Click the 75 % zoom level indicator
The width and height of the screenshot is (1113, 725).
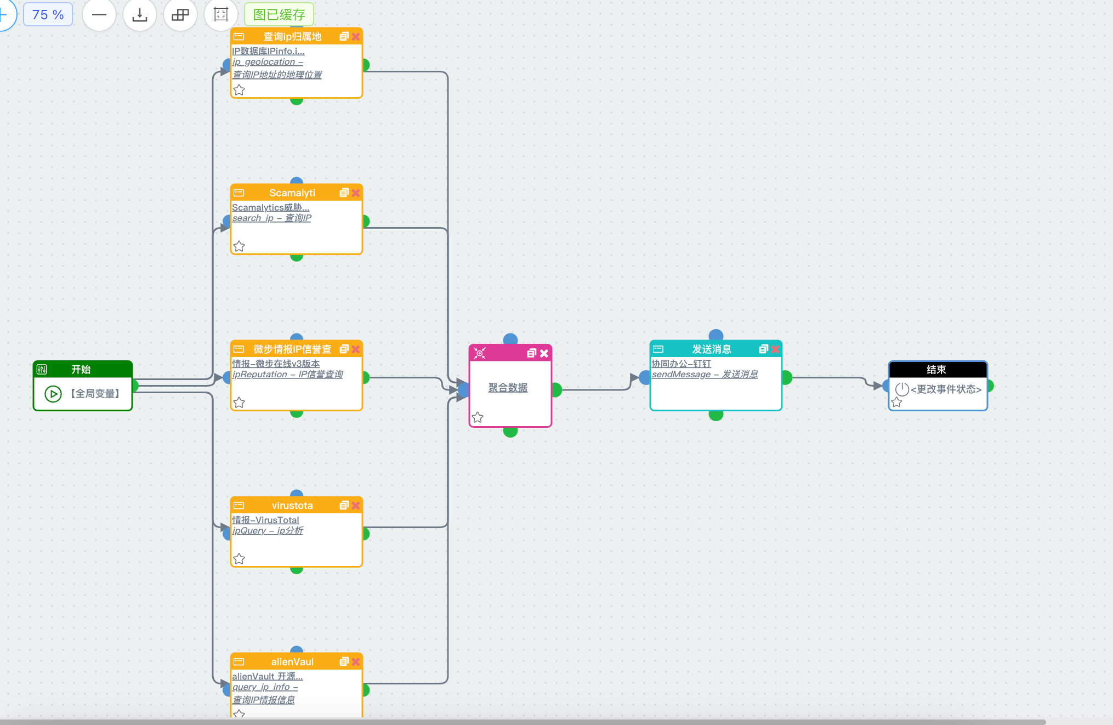click(48, 15)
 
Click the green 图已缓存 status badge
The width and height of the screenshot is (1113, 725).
click(279, 15)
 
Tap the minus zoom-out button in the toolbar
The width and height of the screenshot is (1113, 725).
click(99, 15)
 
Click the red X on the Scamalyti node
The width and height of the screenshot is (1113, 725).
click(356, 193)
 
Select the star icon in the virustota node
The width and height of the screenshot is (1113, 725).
click(239, 559)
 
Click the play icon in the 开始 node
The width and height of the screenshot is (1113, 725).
click(53, 394)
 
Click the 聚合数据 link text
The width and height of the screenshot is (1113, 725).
click(508, 388)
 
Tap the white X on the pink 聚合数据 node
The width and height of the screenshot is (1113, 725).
click(544, 353)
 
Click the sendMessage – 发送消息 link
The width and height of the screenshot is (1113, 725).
click(705, 374)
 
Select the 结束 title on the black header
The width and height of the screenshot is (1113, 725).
click(936, 370)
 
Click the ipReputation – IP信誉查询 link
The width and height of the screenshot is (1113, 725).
click(288, 374)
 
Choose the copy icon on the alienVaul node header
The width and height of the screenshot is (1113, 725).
click(344, 662)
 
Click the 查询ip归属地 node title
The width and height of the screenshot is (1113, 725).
click(292, 37)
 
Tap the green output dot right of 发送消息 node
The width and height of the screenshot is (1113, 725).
click(787, 377)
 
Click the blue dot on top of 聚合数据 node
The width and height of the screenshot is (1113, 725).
click(510, 339)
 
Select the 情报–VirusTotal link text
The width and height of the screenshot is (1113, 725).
click(265, 520)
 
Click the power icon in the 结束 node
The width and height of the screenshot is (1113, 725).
click(902, 389)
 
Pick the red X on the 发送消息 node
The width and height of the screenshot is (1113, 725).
click(775, 349)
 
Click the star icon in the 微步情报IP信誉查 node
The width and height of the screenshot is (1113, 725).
click(239, 403)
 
